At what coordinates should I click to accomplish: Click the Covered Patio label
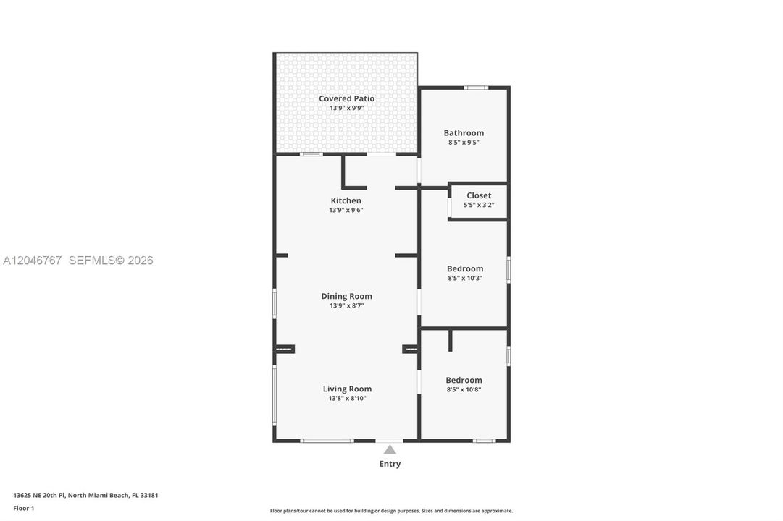click(346, 99)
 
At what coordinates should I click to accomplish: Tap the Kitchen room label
click(346, 200)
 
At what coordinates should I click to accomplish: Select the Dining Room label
click(346, 297)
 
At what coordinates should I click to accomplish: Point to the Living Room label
click(347, 389)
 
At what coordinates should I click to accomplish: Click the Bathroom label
click(464, 132)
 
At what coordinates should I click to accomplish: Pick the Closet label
click(479, 195)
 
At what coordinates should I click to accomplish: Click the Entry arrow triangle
click(390, 450)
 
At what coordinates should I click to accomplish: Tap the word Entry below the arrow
click(390, 464)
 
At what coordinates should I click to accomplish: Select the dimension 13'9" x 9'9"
click(346, 108)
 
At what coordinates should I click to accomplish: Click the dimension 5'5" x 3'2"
click(479, 205)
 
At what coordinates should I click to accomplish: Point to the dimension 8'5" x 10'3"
click(465, 279)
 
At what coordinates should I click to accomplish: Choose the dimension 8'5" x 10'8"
click(464, 390)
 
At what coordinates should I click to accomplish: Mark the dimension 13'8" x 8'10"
click(347, 399)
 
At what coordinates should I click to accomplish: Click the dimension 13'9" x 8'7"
click(346, 306)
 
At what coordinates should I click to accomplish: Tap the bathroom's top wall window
click(476, 88)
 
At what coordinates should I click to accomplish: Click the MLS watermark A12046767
click(32, 260)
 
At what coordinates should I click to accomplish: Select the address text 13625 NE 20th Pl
click(39, 496)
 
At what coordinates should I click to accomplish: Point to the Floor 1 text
click(23, 509)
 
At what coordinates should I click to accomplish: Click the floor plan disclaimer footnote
click(391, 511)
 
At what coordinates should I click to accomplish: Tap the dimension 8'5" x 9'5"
click(464, 143)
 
